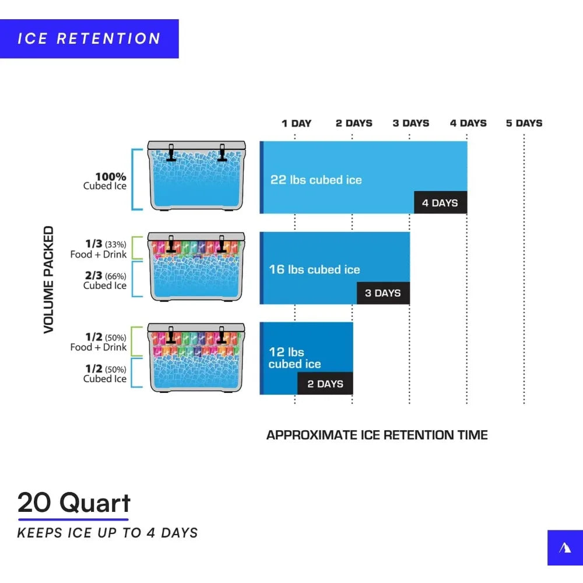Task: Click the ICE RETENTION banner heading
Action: pos(89,39)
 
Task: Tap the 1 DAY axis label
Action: pos(296,123)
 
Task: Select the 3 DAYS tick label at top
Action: pos(410,123)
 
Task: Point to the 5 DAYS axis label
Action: pos(524,123)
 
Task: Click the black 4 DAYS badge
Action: pos(440,203)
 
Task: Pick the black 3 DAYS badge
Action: pos(383,293)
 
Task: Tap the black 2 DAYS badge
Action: pos(325,384)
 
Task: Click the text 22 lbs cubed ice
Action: pos(316,180)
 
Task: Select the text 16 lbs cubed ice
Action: pos(314,269)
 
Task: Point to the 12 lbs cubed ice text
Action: pos(294,358)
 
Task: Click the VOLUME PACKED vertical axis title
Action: pos(48,280)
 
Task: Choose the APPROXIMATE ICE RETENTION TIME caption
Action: pos(377,435)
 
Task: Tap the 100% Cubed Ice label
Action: pos(105,181)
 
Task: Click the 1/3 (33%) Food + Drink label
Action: pos(99,249)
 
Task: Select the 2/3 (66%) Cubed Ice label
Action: pos(105,280)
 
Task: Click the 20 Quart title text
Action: pos(74,502)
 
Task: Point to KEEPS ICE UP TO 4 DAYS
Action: pos(107,532)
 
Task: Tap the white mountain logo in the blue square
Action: pos(565,547)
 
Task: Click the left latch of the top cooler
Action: pos(171,152)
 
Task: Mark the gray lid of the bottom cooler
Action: pos(196,326)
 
